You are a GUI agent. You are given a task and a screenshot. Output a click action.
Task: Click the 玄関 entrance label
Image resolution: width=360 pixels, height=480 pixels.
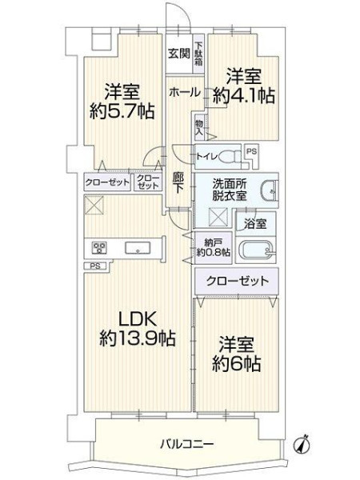tap(178, 54)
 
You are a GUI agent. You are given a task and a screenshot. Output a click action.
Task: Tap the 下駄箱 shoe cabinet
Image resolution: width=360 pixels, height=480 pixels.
tap(198, 54)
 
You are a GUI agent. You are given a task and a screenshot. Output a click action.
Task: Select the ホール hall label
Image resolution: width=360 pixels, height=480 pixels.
tap(185, 92)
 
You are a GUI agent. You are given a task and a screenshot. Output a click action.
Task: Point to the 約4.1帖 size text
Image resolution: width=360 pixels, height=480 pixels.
tap(244, 96)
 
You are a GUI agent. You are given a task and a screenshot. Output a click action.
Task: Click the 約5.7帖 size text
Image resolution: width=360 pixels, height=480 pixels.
tap(122, 111)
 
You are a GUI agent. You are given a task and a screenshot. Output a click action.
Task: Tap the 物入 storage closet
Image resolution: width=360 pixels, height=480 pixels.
tap(199, 127)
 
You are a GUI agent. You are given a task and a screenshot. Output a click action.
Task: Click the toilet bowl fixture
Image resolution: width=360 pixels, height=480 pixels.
tap(230, 157)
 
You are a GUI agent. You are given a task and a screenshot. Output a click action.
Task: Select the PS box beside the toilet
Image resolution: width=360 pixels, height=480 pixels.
tap(252, 151)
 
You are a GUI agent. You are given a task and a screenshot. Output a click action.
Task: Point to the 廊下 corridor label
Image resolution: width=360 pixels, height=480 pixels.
tap(178, 183)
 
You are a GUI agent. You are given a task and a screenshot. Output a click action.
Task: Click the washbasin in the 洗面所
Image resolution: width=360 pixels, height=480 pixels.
tap(270, 190)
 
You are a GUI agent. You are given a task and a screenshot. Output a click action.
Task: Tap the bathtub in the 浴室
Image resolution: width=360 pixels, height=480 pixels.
tap(257, 251)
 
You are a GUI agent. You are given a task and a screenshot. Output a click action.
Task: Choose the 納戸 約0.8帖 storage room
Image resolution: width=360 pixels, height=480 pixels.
tap(214, 248)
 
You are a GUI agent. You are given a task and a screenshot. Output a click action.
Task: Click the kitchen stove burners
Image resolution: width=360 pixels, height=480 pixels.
tap(99, 248)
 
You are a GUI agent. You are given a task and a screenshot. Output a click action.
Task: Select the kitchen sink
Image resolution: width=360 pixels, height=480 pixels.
tap(138, 248)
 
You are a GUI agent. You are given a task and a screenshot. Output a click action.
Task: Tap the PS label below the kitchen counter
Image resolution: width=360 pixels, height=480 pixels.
tap(95, 266)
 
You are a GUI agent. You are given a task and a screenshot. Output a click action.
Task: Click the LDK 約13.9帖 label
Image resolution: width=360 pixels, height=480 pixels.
tap(137, 330)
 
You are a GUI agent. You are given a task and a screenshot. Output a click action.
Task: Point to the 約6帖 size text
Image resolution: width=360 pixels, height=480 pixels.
tap(236, 363)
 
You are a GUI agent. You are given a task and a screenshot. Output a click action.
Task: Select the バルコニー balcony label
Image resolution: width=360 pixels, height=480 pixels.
tap(187, 443)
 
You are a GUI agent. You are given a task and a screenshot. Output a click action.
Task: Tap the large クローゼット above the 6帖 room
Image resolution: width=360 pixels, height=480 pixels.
tap(237, 281)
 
